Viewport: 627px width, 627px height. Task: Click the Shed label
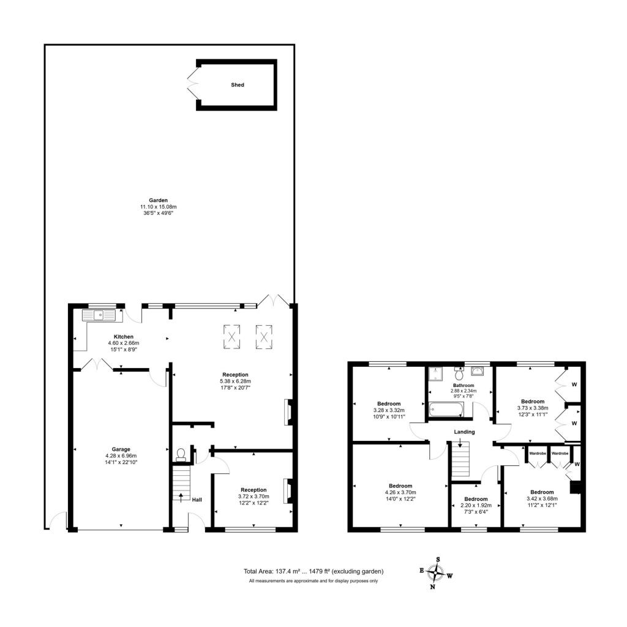point(238,85)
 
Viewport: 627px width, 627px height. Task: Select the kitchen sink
point(99,315)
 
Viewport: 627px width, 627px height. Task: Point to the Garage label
point(121,449)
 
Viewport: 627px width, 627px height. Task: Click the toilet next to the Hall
point(181,454)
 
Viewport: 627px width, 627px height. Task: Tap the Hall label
point(197,500)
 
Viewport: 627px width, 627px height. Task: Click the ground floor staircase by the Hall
point(181,484)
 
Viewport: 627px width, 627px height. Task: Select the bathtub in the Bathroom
point(445,408)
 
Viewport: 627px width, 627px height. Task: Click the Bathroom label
point(463,385)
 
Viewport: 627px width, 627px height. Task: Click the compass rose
point(435,573)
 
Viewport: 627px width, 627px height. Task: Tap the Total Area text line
point(313,571)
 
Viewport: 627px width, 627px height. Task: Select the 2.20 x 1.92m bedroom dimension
point(475,506)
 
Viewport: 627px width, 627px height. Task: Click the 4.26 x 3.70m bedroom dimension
point(401,492)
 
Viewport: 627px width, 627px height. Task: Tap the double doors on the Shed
point(192,84)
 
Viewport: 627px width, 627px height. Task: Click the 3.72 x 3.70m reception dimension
point(253,497)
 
